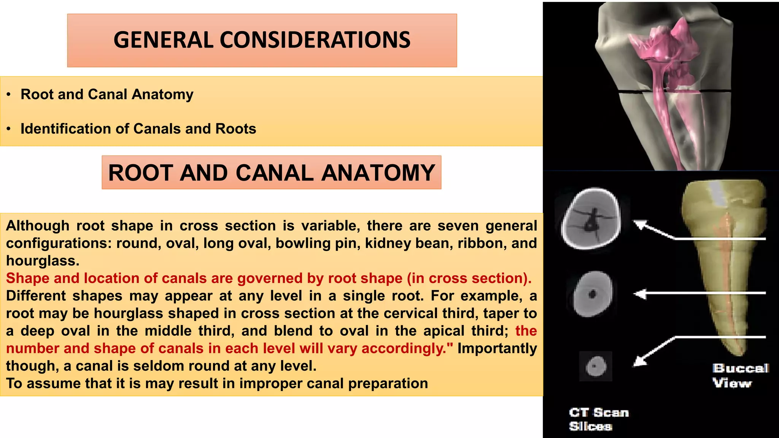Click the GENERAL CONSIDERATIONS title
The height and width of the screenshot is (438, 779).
tap(262, 40)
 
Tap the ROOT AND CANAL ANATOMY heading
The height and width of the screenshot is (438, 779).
tap(271, 173)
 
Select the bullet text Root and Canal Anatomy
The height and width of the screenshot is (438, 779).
tap(107, 94)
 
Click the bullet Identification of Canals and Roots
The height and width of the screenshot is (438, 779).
tap(138, 129)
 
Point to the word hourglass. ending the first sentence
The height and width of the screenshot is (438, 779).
tap(43, 261)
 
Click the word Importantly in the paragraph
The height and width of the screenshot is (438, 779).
tap(497, 348)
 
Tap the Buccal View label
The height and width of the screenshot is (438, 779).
tap(740, 375)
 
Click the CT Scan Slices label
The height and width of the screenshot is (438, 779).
tap(598, 419)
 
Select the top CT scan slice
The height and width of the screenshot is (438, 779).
tap(591, 219)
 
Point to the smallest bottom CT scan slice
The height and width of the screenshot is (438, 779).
tap(595, 367)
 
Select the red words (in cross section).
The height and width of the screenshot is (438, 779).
tap(469, 278)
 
